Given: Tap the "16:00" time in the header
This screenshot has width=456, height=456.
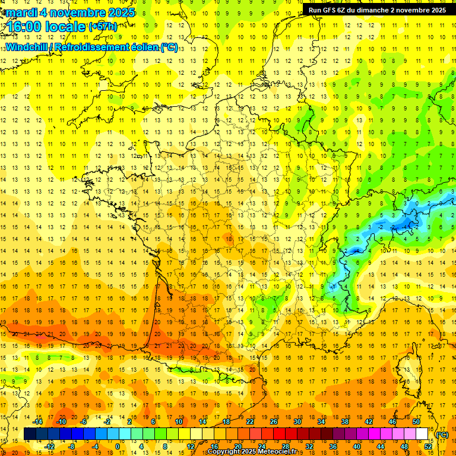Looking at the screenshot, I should click(25, 26).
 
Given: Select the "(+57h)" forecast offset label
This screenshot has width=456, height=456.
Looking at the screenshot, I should click(103, 26).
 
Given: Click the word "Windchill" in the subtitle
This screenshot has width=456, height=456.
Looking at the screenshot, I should click(27, 47).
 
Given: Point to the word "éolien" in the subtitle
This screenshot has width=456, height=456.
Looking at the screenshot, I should click(140, 47).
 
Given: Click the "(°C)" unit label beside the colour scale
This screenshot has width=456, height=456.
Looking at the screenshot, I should click(442, 434).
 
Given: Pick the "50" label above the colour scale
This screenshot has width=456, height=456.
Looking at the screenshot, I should click(416, 422).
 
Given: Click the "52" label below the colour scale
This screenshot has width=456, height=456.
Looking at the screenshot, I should click(428, 446).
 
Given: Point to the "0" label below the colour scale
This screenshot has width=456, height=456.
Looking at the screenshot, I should click(117, 446).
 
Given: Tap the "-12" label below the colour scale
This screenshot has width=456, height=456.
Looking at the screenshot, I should click(50, 446).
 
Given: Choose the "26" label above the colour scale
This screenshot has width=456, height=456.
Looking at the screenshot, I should click(273, 422).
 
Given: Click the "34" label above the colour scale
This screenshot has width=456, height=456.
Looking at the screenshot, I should click(321, 422).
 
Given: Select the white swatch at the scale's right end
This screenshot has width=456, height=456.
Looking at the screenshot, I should click(422, 434).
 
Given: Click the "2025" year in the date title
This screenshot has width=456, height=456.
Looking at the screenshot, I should click(121, 12).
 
